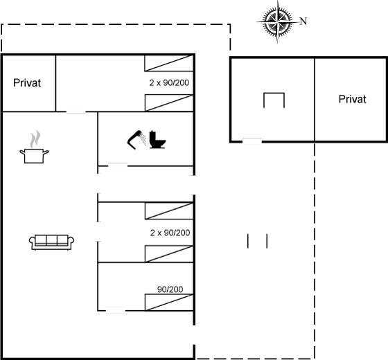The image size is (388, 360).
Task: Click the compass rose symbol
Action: [277, 22]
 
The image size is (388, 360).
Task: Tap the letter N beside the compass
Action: [303, 21]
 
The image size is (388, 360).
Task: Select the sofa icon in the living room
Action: [51, 242]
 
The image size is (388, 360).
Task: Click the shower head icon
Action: [136, 139]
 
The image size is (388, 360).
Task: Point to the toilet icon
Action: [157, 140]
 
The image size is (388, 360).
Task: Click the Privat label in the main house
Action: [27, 83]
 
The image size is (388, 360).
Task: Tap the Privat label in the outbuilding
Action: [353, 99]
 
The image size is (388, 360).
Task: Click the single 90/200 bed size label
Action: [170, 289]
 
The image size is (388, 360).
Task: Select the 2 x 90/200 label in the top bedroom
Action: [169, 82]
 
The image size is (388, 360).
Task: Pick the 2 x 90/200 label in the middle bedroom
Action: [170, 233]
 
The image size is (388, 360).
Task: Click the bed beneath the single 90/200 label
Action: [169, 302]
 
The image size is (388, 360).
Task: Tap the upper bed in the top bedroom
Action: [169, 63]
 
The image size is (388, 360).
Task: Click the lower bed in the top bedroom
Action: [169, 103]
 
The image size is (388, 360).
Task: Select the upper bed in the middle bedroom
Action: [169, 211]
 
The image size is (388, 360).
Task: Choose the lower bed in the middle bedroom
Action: [169, 254]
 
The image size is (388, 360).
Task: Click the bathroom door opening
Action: [118, 165]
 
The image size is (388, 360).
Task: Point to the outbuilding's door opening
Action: [252, 141]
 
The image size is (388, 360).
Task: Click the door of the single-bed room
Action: [116, 310]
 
